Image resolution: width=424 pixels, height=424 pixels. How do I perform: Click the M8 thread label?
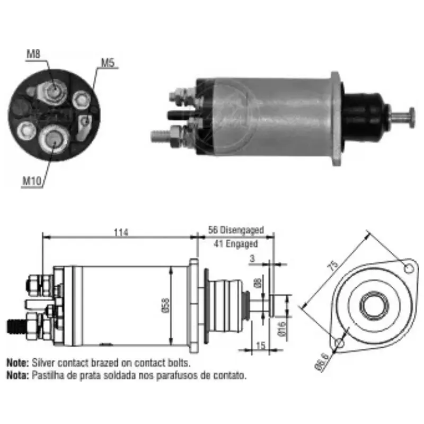point(33,54)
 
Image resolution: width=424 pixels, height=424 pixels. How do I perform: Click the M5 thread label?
point(108,63)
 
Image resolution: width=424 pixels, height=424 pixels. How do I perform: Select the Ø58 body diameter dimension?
point(165,306)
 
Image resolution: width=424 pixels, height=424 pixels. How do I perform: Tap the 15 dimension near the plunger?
point(260,344)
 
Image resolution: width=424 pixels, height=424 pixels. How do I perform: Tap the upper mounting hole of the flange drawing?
point(408,268)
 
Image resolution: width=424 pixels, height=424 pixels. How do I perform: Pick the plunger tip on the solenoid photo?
point(411,117)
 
